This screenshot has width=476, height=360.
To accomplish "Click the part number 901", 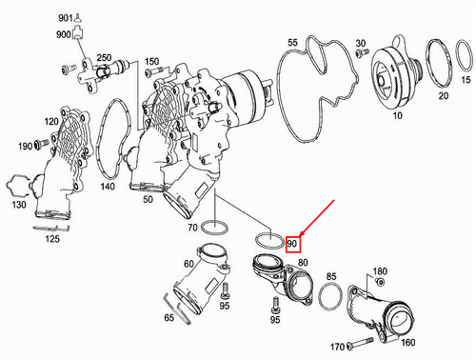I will (x=65, y=19).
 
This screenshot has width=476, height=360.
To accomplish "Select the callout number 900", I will (x=65, y=34).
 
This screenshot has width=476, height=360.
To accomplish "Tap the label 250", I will (x=104, y=58).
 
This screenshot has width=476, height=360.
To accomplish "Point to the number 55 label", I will (x=292, y=43).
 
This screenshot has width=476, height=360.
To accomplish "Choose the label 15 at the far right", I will (x=466, y=82).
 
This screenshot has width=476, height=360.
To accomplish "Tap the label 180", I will (x=380, y=271).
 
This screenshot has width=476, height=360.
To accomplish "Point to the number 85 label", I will (x=331, y=277).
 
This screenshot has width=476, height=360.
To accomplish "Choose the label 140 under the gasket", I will (x=107, y=190).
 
